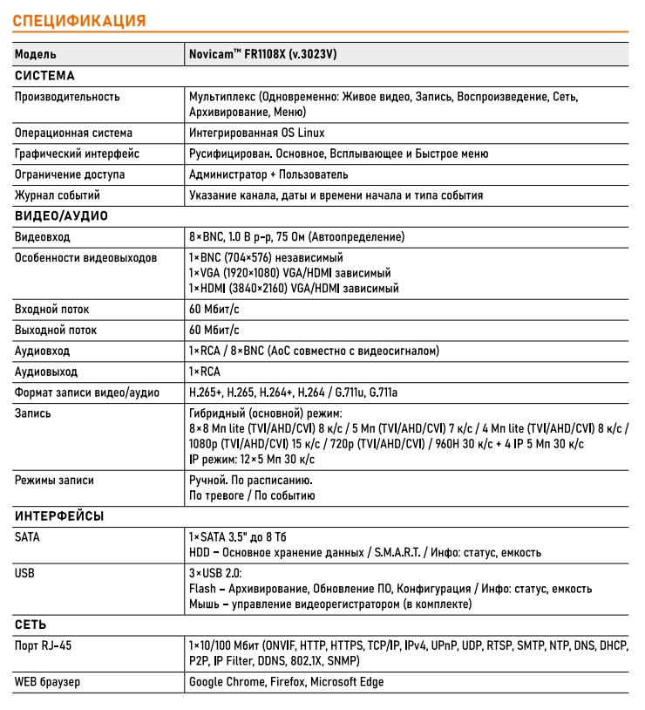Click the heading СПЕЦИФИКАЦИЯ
click(79, 20)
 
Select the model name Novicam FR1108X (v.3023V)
click(262, 54)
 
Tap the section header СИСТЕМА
click(45, 76)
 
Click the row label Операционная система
click(73, 133)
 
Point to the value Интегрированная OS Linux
click(256, 133)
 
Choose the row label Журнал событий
click(58, 195)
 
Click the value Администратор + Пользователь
click(268, 174)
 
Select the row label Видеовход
click(43, 237)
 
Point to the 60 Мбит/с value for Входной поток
click(214, 310)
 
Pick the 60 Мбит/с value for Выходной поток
click(214, 331)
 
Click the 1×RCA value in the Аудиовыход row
click(205, 372)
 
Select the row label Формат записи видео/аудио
click(87, 393)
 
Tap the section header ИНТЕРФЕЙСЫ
click(59, 516)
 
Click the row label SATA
click(27, 537)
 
